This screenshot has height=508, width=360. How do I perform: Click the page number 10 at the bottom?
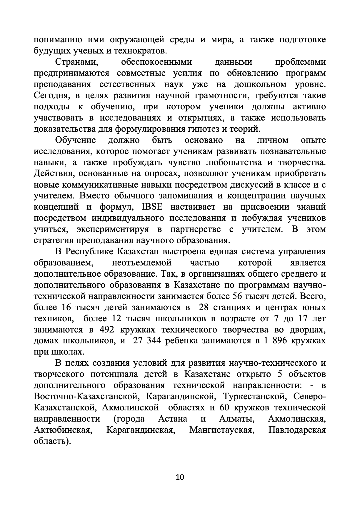click(x=180, y=477)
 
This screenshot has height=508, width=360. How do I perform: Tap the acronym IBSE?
click(x=152, y=207)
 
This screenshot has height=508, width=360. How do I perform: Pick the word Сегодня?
click(x=50, y=96)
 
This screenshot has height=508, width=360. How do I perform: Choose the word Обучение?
click(x=75, y=140)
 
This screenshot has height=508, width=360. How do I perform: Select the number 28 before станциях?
click(x=204, y=308)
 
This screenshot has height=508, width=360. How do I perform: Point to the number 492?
click(x=107, y=330)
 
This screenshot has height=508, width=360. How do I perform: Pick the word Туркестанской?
click(x=255, y=397)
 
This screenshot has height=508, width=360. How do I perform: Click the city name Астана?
click(x=172, y=419)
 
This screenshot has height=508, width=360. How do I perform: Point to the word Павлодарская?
click(x=297, y=430)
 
